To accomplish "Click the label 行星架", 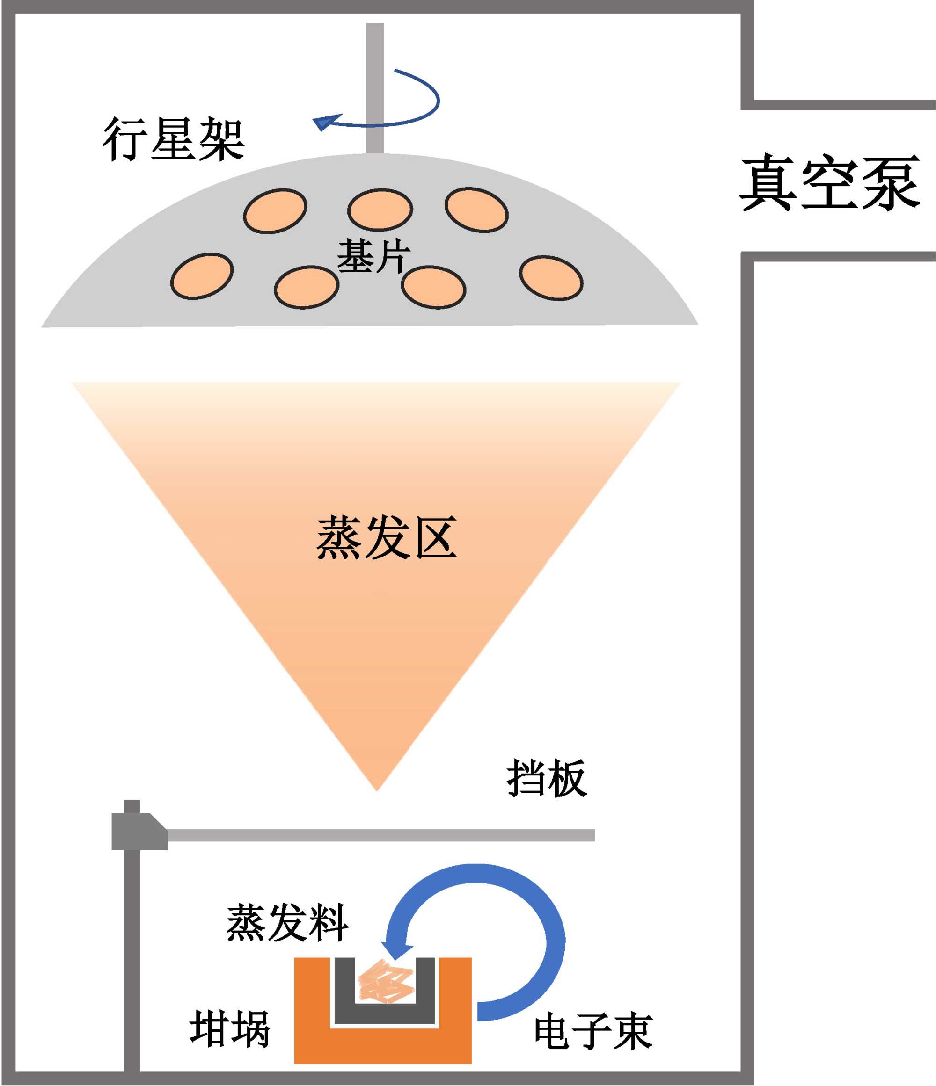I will pyautogui.click(x=174, y=139).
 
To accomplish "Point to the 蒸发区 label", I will pyautogui.click(x=387, y=538).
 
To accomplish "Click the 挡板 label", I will pyautogui.click(x=547, y=779).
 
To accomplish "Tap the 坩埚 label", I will pyautogui.click(x=230, y=1029).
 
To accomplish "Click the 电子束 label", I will pyautogui.click(x=593, y=1031).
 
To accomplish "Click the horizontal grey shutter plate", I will pyautogui.click(x=380, y=835).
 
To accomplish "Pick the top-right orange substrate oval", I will pyautogui.click(x=476, y=210).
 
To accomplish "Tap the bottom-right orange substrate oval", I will pyautogui.click(x=551, y=278).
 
